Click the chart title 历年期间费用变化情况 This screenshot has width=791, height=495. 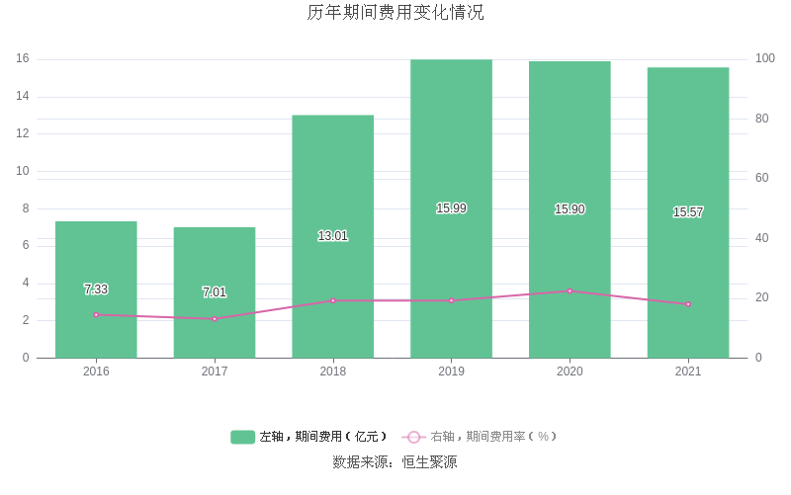click(x=395, y=14)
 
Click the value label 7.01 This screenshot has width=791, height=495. click(x=215, y=292)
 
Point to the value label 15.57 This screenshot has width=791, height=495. click(x=688, y=212)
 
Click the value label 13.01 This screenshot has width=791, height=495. click(x=332, y=236)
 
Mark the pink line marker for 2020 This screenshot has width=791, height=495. click(x=570, y=291)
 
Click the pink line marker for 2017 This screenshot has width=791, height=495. click(x=215, y=319)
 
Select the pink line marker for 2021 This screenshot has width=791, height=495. click(x=688, y=304)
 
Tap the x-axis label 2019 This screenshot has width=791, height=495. click(x=451, y=371)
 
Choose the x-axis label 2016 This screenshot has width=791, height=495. click(x=96, y=371)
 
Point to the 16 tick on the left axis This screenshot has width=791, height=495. click(x=22, y=59)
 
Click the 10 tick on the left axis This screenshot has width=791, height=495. click(x=22, y=171)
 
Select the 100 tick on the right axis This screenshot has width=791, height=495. click(x=764, y=59)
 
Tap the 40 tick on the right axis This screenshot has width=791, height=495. click(x=761, y=238)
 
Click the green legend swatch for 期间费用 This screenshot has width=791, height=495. click(x=243, y=437)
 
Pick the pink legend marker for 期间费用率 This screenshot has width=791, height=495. click(x=414, y=437)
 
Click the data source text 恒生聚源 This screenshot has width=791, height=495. click(x=423, y=462)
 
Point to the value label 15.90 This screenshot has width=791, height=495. click(x=570, y=209)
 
